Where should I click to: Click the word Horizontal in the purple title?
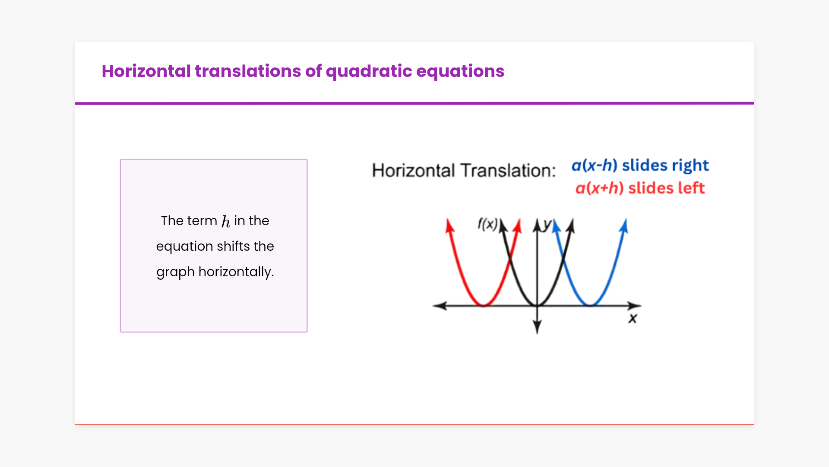(x=146, y=71)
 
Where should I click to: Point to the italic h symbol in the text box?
(x=226, y=221)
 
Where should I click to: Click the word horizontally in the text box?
(x=236, y=272)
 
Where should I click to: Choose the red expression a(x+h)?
(x=600, y=188)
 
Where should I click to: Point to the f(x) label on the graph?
(x=487, y=224)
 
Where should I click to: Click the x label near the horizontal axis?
(x=633, y=319)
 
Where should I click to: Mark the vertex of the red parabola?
(x=484, y=305)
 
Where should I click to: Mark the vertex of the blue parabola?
(x=590, y=305)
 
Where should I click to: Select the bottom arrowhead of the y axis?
(x=537, y=327)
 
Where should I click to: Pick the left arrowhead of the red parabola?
(x=449, y=225)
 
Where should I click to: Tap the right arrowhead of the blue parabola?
(x=624, y=225)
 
